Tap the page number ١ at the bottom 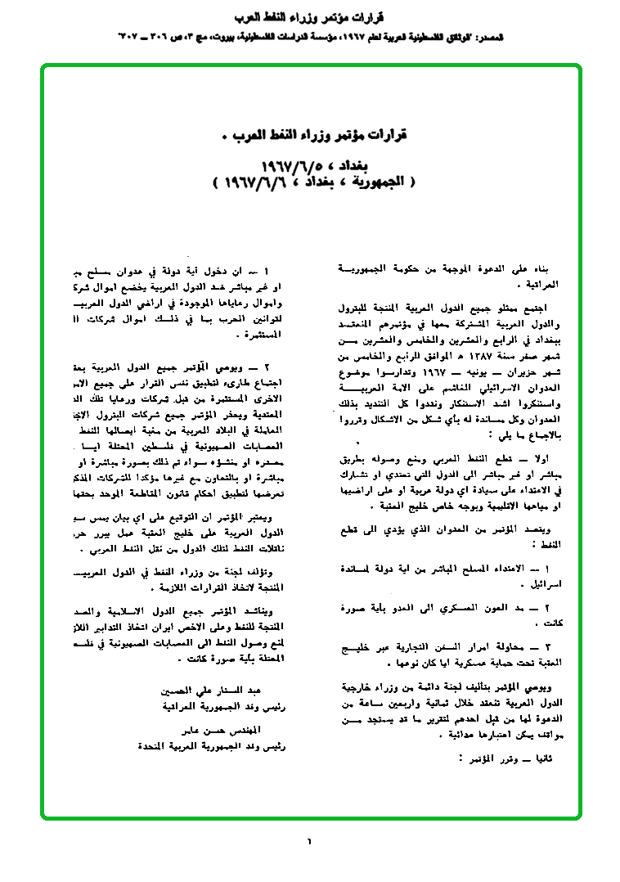[x=309, y=840]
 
